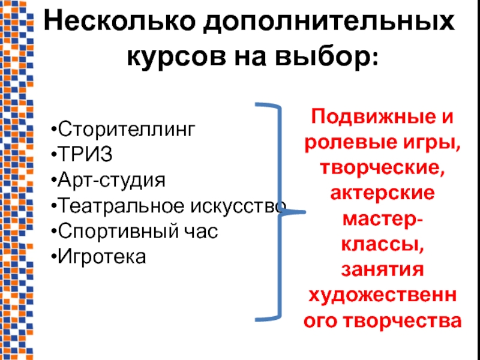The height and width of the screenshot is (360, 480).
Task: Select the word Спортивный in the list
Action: point(115,231)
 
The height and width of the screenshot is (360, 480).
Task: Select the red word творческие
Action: point(381,168)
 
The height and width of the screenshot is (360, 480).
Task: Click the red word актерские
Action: point(381,194)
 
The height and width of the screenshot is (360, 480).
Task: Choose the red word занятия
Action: point(381,271)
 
